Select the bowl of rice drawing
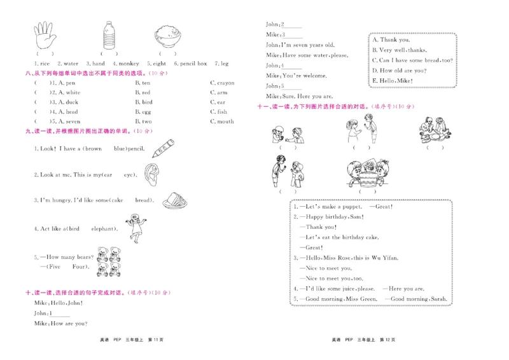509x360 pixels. (167, 36)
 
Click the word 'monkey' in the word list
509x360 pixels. (129, 64)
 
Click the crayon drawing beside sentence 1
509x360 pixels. (164, 146)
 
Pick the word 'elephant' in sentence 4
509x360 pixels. (104, 228)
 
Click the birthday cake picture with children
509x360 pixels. (365, 172)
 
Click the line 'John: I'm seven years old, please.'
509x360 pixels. (300, 45)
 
